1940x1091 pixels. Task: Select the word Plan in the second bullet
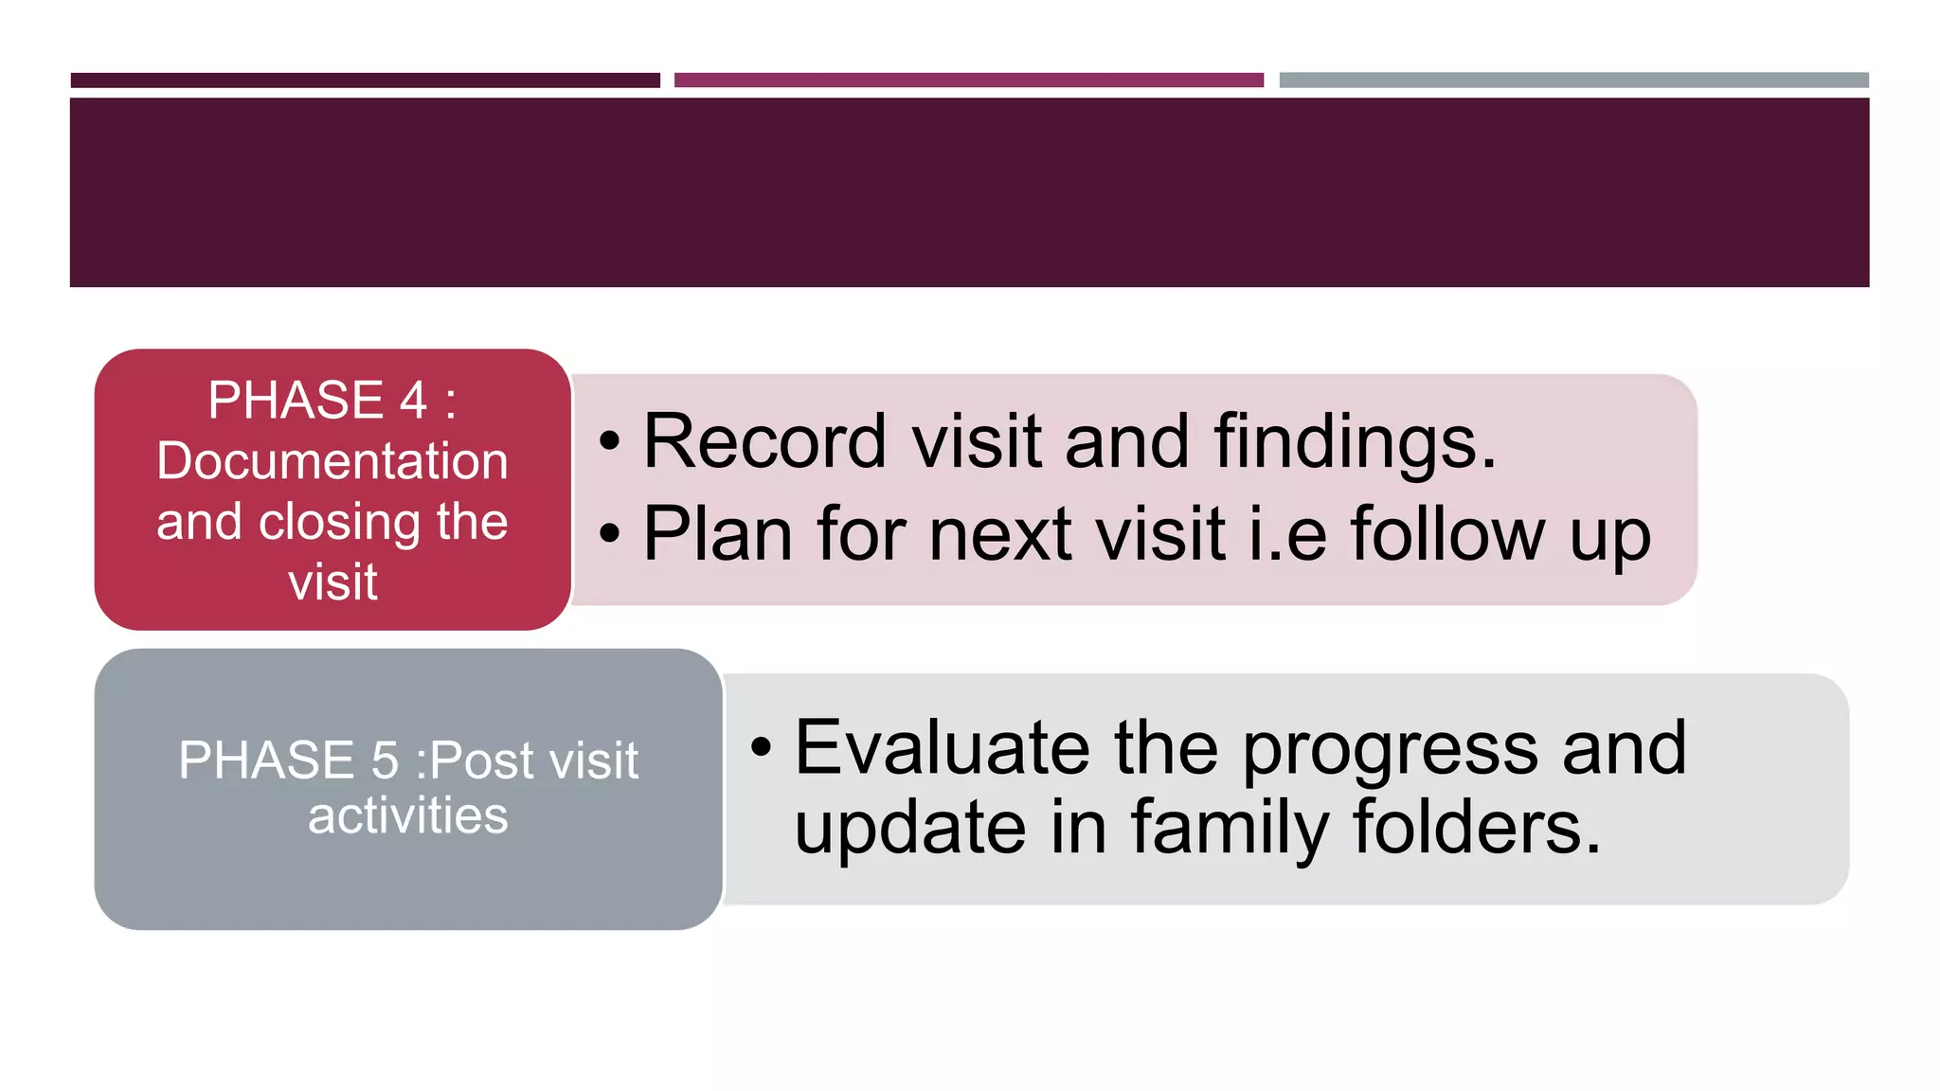point(717,534)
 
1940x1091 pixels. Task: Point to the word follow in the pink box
point(1447,534)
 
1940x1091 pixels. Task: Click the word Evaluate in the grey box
point(940,747)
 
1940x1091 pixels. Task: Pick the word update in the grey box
point(909,828)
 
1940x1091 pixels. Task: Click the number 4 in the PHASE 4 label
point(413,400)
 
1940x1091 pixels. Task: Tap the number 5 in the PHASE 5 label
point(385,760)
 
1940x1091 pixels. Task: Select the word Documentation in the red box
point(332,461)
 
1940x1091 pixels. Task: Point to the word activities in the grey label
point(407,815)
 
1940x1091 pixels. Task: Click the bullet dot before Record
point(610,441)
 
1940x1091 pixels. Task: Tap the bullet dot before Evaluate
point(762,747)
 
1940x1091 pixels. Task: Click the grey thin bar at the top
point(1573,80)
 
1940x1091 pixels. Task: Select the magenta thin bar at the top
point(968,80)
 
